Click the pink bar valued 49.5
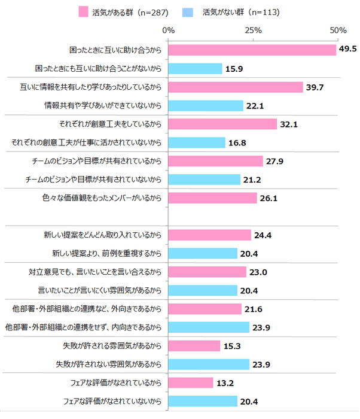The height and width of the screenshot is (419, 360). [252, 50]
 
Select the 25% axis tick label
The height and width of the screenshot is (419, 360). [253, 31]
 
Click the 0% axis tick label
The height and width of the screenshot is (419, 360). [168, 31]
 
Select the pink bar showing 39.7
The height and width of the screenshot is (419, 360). [236, 87]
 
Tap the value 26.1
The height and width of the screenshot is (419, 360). [269, 198]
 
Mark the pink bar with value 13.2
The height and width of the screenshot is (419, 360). [191, 382]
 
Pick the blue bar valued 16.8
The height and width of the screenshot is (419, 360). [197, 142]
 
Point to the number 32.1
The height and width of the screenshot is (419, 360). [289, 124]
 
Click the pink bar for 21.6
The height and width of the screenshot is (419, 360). [205, 309]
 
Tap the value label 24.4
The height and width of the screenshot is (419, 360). [263, 235]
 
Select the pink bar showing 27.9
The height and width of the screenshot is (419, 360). [215, 161]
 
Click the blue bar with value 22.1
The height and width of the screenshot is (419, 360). [206, 106]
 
